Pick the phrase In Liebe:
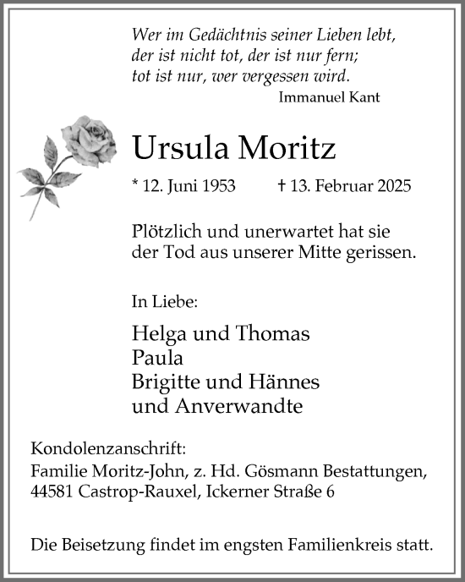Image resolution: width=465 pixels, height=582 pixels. click(164, 299)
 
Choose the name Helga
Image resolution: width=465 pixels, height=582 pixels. click(157, 333)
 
